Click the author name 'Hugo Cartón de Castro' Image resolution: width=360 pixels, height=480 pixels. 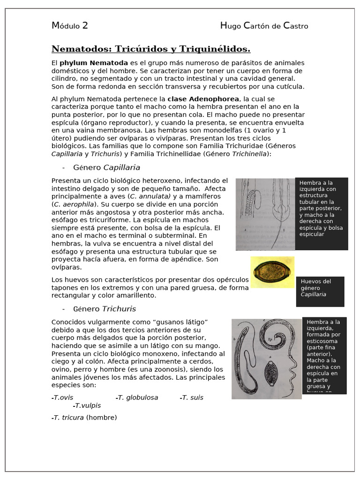pyautogui.click(x=264, y=26)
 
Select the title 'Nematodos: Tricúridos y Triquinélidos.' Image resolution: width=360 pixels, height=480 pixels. pyautogui.click(x=151, y=49)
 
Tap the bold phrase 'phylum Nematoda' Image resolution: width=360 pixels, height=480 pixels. pyautogui.click(x=94, y=63)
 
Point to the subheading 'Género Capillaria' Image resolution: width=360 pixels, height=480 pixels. pyautogui.click(x=106, y=167)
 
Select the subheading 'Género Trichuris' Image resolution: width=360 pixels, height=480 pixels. pyautogui.click(x=105, y=309)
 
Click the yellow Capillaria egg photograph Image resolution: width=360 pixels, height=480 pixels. pyautogui.click(x=272, y=272)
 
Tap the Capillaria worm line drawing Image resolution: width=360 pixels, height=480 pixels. pyautogui.click(x=265, y=214)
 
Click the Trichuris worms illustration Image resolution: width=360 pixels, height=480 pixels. pyautogui.click(x=266, y=359)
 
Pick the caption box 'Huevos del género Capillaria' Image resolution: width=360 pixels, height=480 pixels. pyautogui.click(x=320, y=291)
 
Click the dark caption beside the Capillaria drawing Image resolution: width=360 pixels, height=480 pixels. pyautogui.click(x=322, y=214)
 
